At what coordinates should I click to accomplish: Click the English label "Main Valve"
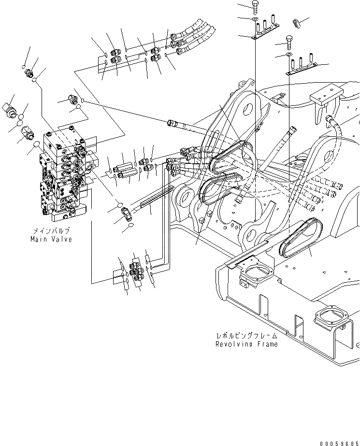coord(51,239)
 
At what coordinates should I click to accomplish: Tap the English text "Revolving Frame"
coord(246,344)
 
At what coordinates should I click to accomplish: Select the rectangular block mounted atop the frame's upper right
coord(326,98)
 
